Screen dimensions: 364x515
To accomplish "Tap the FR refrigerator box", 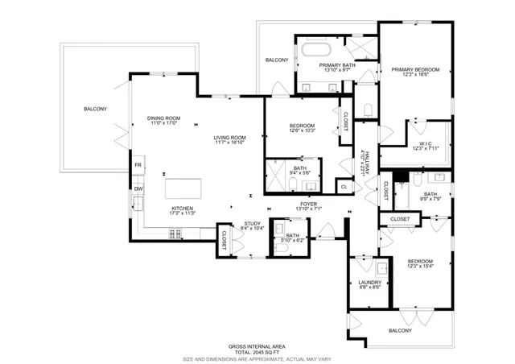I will coord(138,165).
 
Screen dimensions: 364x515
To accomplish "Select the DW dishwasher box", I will coord(138,189).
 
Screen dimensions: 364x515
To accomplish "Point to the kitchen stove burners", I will coord(175,234).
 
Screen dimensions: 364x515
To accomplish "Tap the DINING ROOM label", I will coord(163,119).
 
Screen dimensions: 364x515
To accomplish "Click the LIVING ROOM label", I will coord(229,138).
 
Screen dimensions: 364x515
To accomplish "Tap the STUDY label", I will coord(252,224).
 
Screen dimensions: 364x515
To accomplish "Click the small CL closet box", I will coord(344,187).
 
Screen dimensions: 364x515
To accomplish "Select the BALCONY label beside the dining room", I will coord(95,109).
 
